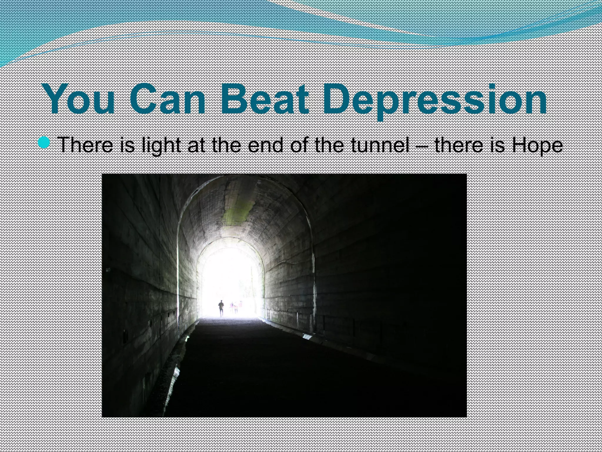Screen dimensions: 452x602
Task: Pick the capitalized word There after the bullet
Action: coord(86,145)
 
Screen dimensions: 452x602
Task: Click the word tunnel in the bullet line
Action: coord(379,145)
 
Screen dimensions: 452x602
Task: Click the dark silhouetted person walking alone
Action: coord(221,308)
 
